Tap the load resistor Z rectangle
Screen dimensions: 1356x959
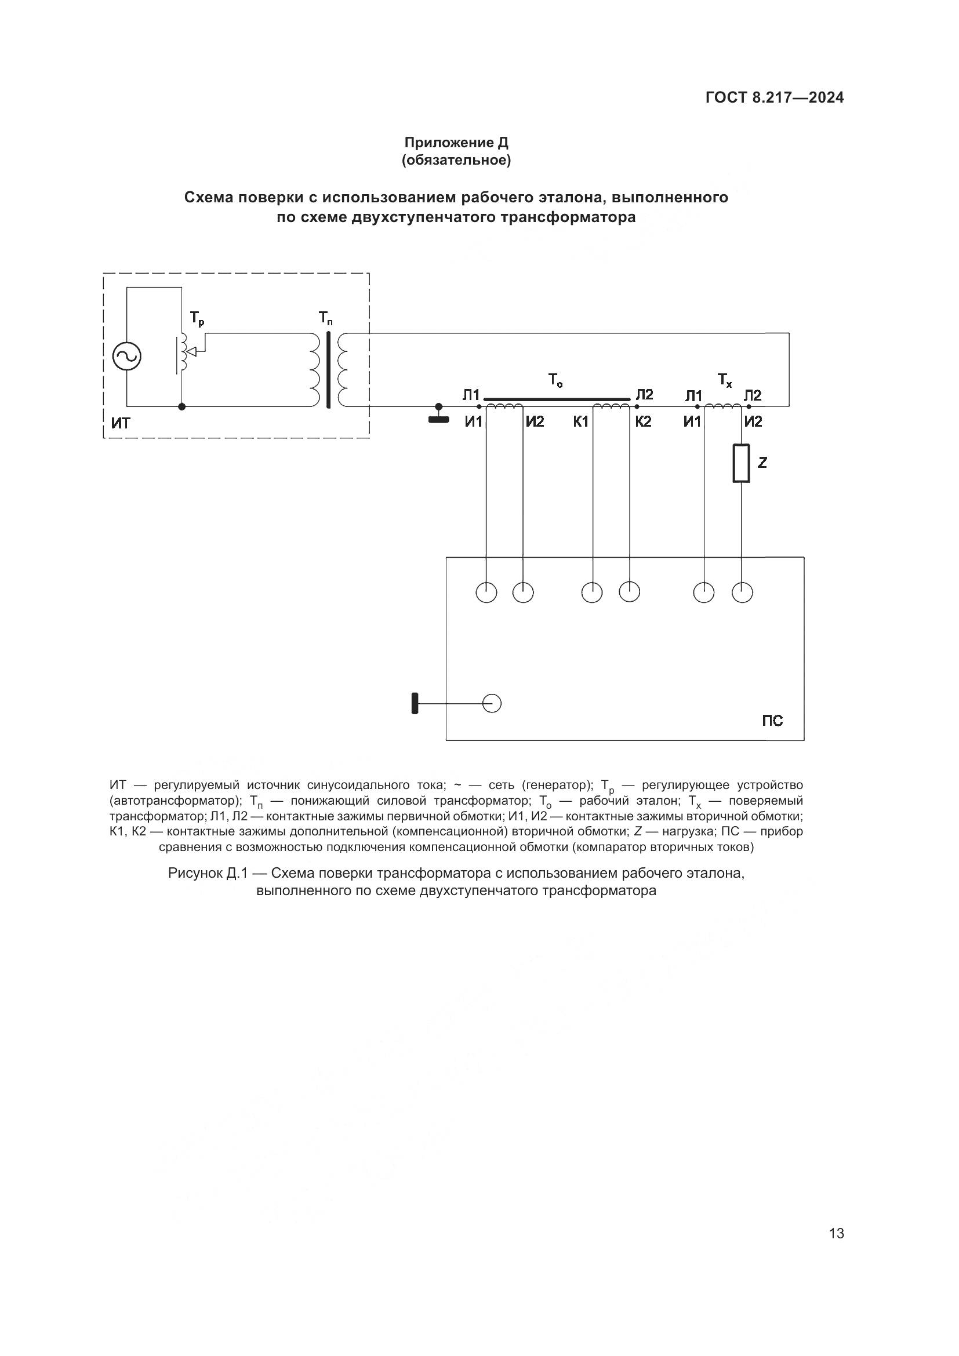point(741,463)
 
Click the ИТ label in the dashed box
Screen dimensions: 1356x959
point(121,423)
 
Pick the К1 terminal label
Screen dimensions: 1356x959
point(581,421)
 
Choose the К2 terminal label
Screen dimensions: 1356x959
point(643,421)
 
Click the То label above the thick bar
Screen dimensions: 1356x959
point(555,380)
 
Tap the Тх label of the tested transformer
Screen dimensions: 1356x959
point(725,380)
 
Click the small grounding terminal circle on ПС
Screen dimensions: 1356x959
point(492,703)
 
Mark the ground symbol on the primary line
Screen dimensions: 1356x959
point(438,418)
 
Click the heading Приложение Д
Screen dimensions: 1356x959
point(456,143)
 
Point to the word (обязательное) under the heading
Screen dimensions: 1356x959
point(456,160)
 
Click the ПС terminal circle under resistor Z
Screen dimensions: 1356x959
point(742,592)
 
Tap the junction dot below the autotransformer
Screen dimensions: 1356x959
point(182,406)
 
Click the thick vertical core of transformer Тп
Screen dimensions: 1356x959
point(328,370)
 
